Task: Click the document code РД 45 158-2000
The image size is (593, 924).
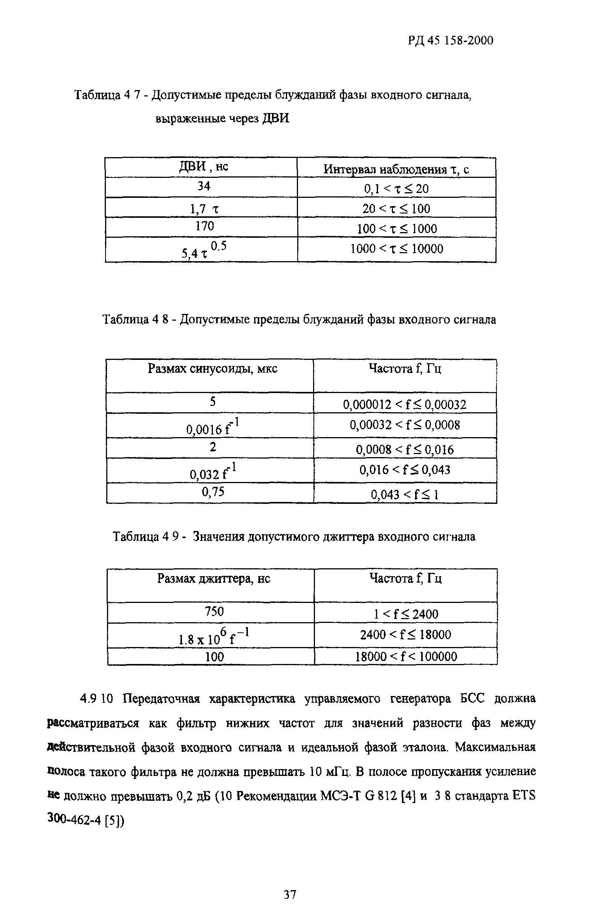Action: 450,40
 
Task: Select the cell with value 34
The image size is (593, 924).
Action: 204,187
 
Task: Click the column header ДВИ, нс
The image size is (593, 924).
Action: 204,167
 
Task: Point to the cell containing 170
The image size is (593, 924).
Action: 205,226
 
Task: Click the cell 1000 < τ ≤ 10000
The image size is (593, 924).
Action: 397,249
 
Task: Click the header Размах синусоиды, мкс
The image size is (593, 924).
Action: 212,369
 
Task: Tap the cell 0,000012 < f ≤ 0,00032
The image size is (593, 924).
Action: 404,404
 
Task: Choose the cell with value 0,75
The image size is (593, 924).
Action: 213,492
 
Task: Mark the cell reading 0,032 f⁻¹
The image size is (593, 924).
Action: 213,472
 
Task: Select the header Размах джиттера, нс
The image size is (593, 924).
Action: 213,578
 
